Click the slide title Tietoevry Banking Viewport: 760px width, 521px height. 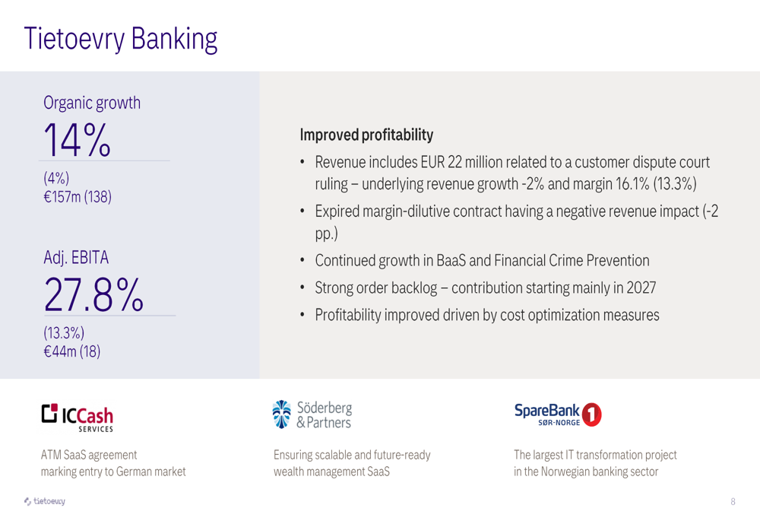pos(121,39)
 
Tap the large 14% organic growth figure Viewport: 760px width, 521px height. pos(78,140)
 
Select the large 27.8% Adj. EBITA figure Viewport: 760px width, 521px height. pos(93,294)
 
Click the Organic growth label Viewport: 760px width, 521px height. pos(92,103)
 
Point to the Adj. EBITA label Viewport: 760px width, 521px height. pos(76,257)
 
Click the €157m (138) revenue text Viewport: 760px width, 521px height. pos(78,196)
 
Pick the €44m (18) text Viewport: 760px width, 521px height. pos(71,351)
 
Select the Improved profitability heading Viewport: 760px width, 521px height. pos(366,135)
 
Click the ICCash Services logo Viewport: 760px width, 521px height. pos(77,418)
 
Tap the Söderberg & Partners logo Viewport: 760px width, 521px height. pos(312,415)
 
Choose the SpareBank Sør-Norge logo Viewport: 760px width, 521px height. pos(558,415)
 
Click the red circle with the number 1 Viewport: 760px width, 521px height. pos(591,415)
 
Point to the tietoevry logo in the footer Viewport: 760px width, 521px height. pos(45,501)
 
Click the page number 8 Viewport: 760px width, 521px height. pos(733,501)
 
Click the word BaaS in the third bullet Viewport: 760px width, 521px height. pos(451,260)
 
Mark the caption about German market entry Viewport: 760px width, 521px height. pos(113,463)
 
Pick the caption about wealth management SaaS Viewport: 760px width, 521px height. pos(352,463)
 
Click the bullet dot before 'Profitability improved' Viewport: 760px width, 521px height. pos(302,316)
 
